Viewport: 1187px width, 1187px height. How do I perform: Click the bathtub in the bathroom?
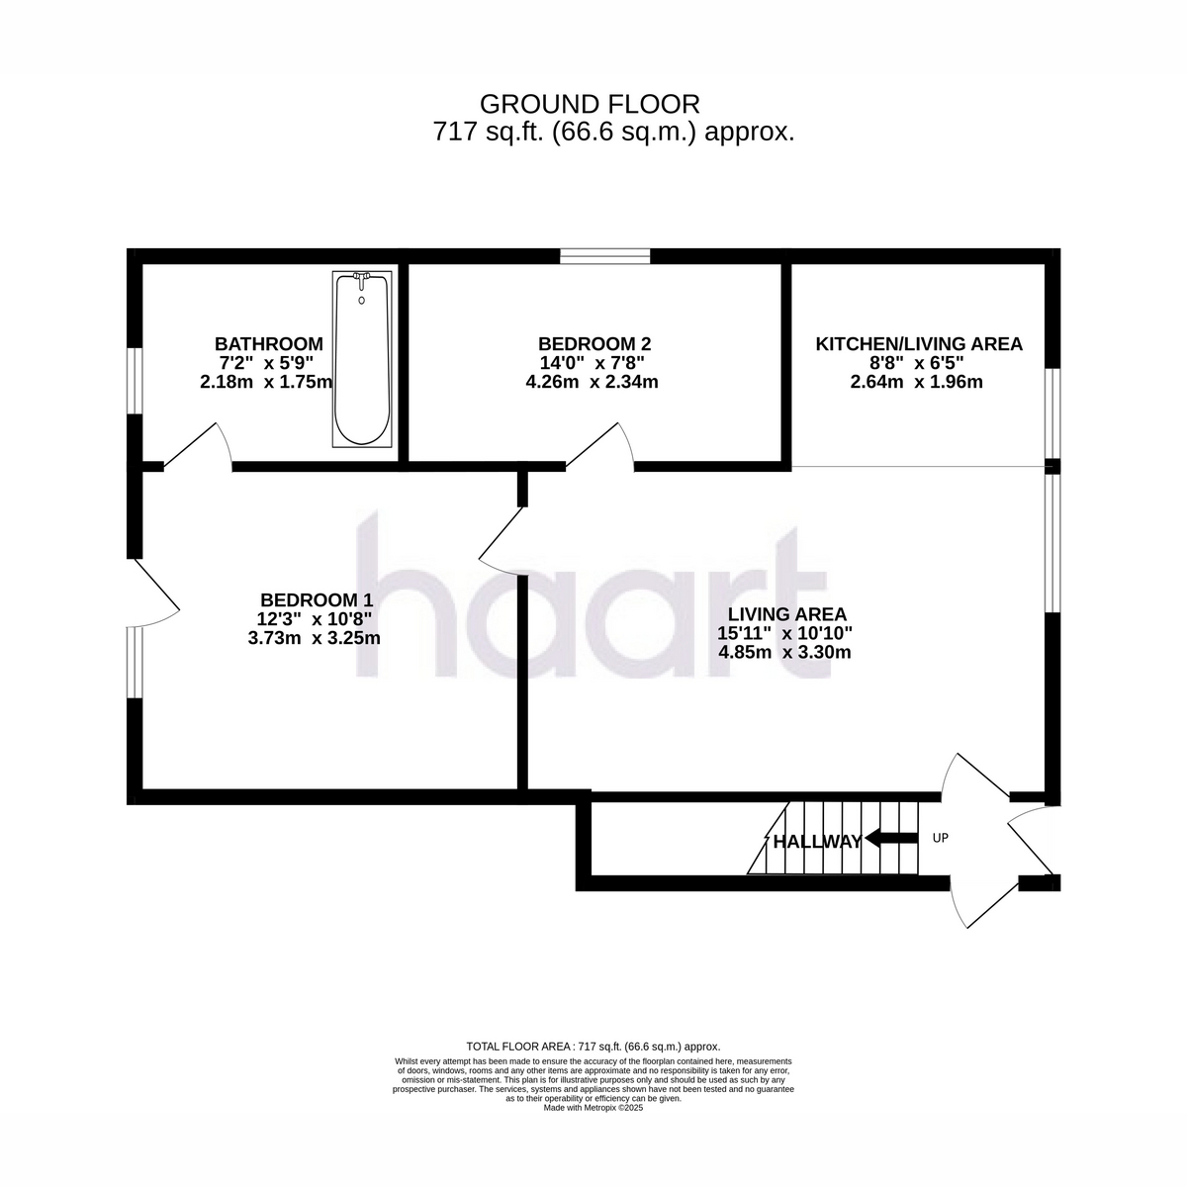pos(362,359)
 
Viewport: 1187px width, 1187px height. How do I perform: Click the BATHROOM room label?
pos(269,343)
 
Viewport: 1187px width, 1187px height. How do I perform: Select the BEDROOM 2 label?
pos(594,343)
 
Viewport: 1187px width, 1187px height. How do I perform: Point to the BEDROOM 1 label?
pos(317,600)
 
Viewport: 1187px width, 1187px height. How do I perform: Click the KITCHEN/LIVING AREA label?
pos(919,344)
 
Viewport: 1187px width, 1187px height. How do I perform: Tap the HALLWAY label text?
pos(817,842)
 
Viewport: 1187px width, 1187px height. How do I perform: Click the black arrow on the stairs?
pos(891,839)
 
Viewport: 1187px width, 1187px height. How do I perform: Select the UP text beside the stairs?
pos(941,838)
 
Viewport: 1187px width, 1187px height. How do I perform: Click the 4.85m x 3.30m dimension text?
pos(784,652)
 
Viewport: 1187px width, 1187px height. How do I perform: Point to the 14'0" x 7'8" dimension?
pos(593,363)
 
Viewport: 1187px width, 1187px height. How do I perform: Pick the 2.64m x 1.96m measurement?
pos(917,382)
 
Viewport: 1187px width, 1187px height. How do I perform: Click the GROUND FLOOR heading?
pos(591,105)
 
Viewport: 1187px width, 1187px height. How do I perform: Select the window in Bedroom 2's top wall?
pos(605,256)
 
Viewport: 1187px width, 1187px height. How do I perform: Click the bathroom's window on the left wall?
pos(135,381)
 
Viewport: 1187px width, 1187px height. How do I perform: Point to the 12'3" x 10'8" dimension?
pos(315,619)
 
